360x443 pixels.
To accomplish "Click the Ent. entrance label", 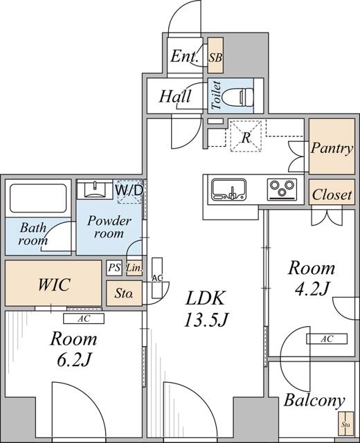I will coord(185,57).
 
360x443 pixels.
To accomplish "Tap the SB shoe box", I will coord(215,57).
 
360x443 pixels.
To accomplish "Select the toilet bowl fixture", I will coord(239,96).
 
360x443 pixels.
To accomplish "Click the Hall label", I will coord(175,97).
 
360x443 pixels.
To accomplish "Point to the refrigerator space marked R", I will coord(246,136).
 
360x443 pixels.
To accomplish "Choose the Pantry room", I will coord(332,148).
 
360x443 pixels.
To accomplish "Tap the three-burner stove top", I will coord(282,188).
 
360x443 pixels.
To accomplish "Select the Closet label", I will coord(332,195).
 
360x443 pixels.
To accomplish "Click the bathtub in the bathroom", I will coord(37,198).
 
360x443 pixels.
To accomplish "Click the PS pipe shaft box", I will coord(114,267).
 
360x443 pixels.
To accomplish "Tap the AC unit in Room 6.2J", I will coord(83,318).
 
